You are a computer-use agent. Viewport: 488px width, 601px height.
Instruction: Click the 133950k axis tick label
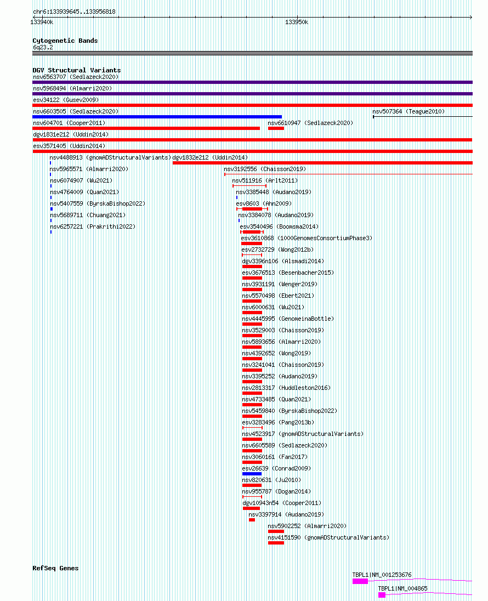click(296, 22)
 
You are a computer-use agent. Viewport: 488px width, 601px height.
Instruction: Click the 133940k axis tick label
click(42, 22)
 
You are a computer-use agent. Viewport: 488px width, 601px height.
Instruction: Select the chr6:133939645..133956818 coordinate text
click(74, 12)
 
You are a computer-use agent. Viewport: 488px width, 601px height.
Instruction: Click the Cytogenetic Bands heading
click(65, 41)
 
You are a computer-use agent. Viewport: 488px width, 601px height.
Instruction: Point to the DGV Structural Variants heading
click(77, 70)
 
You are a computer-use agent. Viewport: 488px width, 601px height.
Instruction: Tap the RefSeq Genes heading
click(55, 568)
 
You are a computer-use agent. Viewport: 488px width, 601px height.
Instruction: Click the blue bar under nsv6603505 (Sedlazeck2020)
click(157, 117)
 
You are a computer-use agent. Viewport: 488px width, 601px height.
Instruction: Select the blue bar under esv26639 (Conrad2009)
click(252, 474)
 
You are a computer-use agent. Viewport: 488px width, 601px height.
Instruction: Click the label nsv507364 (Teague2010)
click(408, 111)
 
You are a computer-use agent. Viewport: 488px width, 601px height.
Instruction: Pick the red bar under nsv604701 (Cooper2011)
click(146, 128)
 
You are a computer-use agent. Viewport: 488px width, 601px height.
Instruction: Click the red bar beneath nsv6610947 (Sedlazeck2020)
click(276, 128)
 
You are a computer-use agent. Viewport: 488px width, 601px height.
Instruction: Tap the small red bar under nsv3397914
click(252, 520)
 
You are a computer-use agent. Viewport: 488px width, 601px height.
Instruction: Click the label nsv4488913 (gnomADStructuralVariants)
click(110, 157)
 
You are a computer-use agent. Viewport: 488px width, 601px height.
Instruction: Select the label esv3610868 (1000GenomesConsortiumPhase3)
click(307, 238)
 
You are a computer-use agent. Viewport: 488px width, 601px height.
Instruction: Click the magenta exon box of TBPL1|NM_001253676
click(360, 581)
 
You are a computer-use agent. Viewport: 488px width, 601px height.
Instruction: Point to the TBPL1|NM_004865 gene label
click(402, 588)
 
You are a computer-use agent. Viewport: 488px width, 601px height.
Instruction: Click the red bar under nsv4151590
click(276, 543)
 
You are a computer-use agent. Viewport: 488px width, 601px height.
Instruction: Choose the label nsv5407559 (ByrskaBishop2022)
click(98, 203)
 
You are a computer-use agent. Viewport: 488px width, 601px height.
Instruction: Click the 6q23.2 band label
click(43, 48)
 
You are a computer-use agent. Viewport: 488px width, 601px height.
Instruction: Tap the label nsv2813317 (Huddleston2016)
click(286, 388)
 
